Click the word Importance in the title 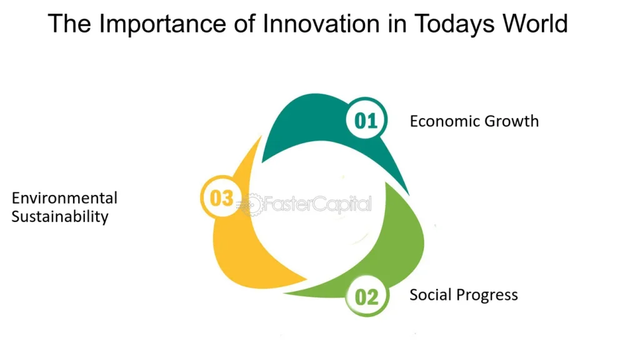pyautogui.click(x=163, y=24)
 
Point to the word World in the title pyautogui.click(x=535, y=24)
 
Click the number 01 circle pyautogui.click(x=366, y=120)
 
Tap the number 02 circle pyautogui.click(x=367, y=296)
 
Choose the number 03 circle pyautogui.click(x=222, y=197)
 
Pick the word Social pyautogui.click(x=430, y=295)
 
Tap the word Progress pyautogui.click(x=486, y=296)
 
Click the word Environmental pyautogui.click(x=64, y=198)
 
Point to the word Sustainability pyautogui.click(x=60, y=216)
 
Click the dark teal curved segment pyautogui.click(x=310, y=118)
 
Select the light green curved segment pyautogui.click(x=404, y=245)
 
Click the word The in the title pyautogui.click(x=69, y=24)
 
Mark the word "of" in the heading pyautogui.click(x=244, y=24)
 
